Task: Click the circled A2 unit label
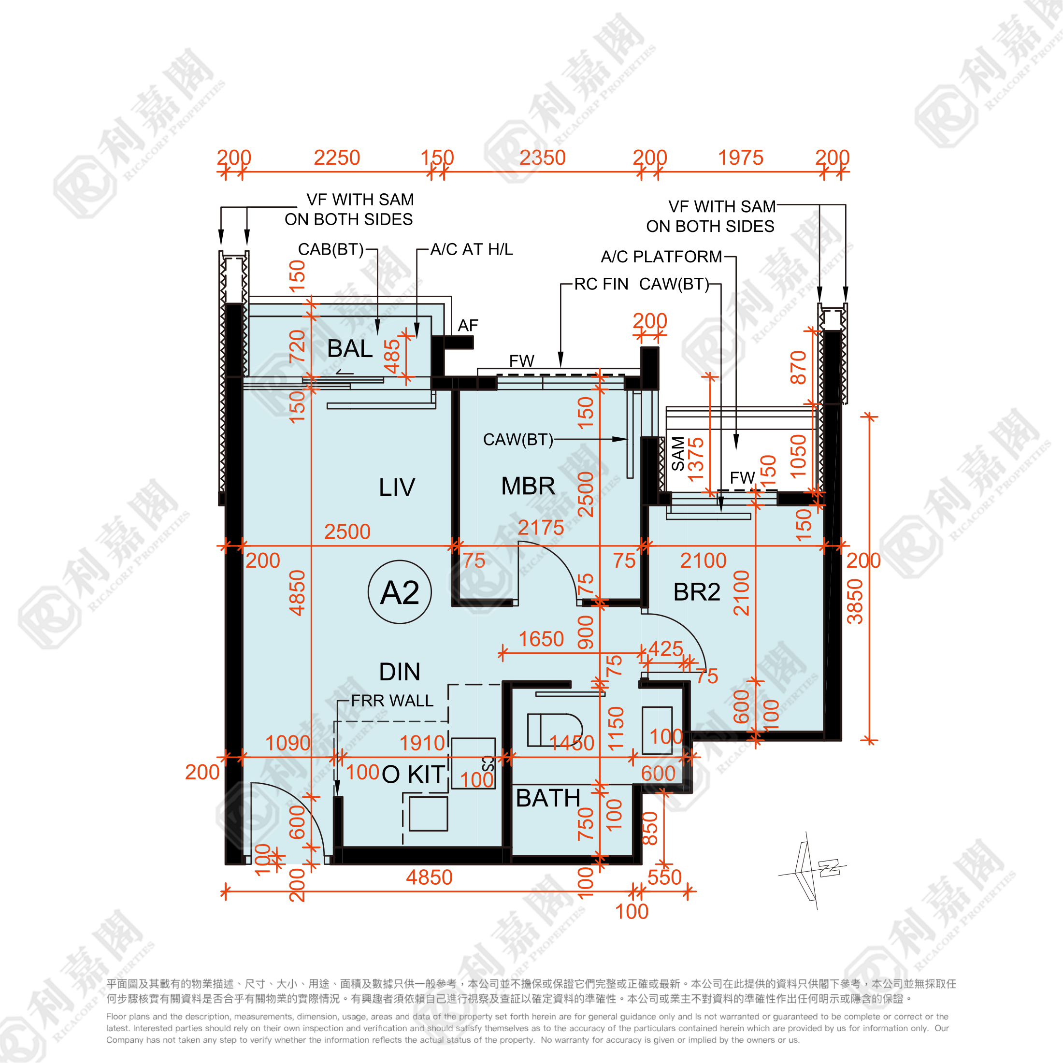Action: point(400,592)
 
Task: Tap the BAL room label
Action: point(350,349)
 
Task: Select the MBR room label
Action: point(528,487)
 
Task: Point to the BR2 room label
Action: point(697,592)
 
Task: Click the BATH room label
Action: point(548,798)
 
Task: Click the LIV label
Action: point(397,488)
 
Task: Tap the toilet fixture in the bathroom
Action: point(554,730)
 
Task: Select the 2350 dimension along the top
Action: point(543,158)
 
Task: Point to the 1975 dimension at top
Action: point(741,158)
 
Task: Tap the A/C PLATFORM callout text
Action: point(661,257)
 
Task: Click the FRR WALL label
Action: point(392,701)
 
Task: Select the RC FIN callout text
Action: point(601,285)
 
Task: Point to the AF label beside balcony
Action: point(468,326)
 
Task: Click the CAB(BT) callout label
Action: point(330,250)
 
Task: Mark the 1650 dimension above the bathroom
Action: point(541,639)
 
